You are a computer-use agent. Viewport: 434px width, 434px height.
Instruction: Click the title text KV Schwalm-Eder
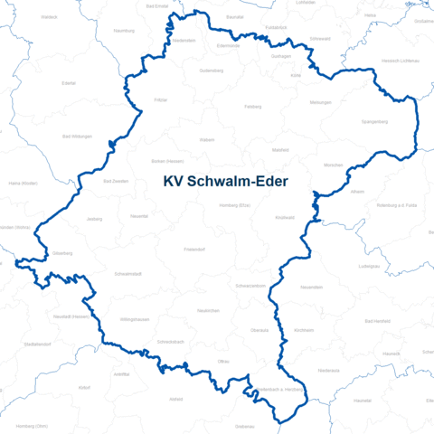point(226,182)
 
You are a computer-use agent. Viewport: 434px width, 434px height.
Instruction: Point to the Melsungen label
point(321,102)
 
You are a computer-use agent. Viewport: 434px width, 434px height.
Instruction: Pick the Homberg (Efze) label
point(234,205)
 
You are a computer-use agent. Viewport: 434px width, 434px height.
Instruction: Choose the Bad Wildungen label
point(76,137)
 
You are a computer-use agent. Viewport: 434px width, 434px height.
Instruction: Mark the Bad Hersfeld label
point(376,321)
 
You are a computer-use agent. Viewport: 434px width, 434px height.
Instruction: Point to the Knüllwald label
point(286,218)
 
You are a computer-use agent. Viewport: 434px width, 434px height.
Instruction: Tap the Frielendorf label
point(195,248)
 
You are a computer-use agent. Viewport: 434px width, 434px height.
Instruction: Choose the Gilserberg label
point(62,253)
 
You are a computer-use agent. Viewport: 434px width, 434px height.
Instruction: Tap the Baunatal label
point(235,17)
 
